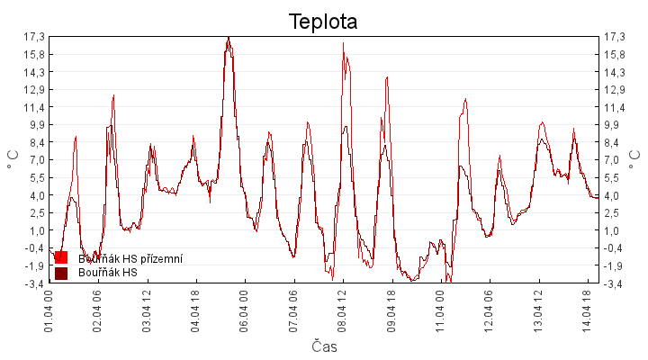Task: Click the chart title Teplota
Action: pos(323,21)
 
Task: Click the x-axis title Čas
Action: pos(324,346)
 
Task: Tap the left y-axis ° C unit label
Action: pos(13,160)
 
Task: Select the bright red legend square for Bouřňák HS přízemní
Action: pos(61,258)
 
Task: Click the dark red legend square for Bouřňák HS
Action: pos(61,273)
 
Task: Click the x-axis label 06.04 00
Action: pos(244,311)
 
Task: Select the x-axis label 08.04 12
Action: pos(342,311)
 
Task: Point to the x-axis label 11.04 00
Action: pos(440,311)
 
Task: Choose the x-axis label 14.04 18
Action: pos(587,311)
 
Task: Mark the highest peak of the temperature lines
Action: pos(229,38)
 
